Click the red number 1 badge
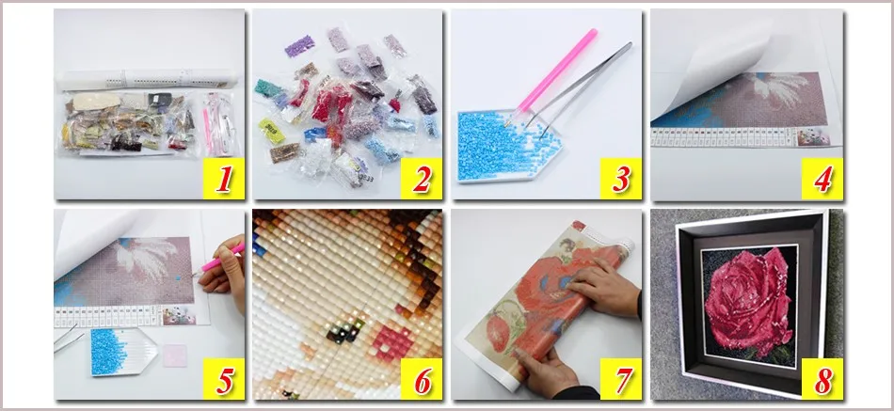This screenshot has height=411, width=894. [222, 178]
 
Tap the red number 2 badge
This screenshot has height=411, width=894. [422, 178]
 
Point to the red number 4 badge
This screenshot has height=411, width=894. [822, 178]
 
